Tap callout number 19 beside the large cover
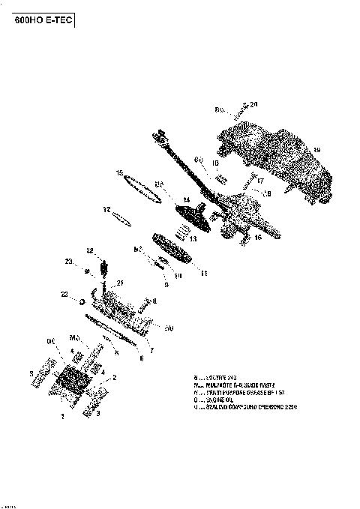316,150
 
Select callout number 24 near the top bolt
253,103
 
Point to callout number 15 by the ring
119,173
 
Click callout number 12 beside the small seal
106,209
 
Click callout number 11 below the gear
203,274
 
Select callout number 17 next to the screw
261,180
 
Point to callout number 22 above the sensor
89,250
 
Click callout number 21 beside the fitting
119,283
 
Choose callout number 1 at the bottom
63,415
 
